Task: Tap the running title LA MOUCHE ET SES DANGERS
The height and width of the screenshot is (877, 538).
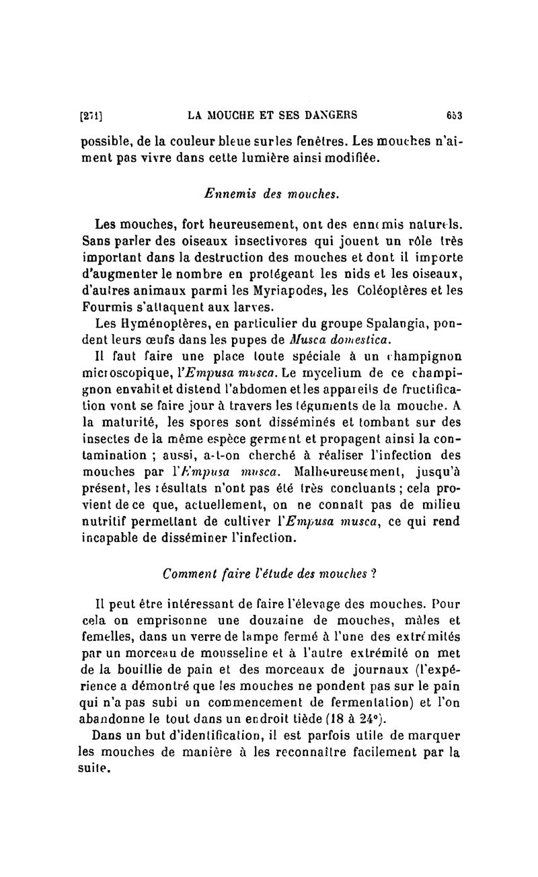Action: pos(272,115)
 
